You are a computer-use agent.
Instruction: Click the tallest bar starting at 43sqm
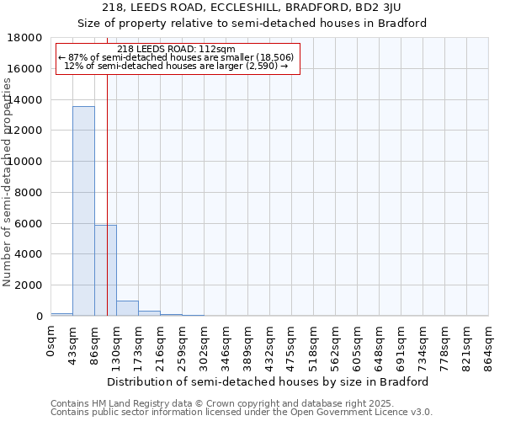click(x=83, y=210)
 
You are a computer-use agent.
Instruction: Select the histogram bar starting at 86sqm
click(x=105, y=270)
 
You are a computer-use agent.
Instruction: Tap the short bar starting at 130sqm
click(x=127, y=308)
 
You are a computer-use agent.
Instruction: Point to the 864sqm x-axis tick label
click(x=489, y=343)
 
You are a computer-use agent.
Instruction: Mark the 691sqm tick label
click(x=401, y=343)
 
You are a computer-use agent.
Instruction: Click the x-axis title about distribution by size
click(x=268, y=381)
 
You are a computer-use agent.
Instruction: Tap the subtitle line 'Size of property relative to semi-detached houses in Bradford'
click(x=252, y=23)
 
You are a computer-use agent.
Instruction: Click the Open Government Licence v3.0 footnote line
click(x=242, y=413)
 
